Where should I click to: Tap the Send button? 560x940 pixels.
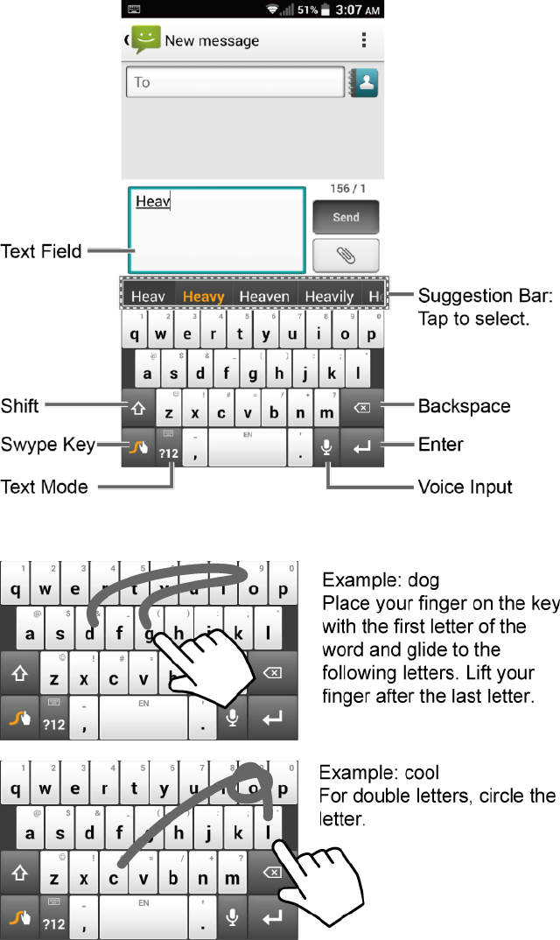[x=346, y=217]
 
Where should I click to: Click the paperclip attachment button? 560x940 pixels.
[x=346, y=256]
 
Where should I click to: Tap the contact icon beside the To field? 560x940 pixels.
[x=363, y=82]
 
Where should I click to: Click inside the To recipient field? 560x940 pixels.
[x=234, y=82]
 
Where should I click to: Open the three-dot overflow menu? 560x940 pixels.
[x=364, y=40]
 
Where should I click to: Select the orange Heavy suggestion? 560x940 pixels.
[x=203, y=297]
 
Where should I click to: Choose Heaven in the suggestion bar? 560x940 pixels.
[x=264, y=297]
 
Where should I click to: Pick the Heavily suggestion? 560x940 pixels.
[x=329, y=297]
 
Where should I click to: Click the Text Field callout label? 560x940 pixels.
[x=41, y=252]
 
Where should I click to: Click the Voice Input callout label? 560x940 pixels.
[x=465, y=487]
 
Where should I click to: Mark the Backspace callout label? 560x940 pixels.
[x=464, y=406]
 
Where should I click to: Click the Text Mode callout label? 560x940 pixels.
[x=45, y=487]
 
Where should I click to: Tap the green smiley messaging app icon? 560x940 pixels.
[x=145, y=39]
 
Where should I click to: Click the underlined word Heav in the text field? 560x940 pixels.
[x=152, y=201]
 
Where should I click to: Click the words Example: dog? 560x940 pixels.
[x=381, y=580]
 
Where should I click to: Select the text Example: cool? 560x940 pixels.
[x=379, y=774]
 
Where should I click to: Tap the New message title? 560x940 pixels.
[x=212, y=40]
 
